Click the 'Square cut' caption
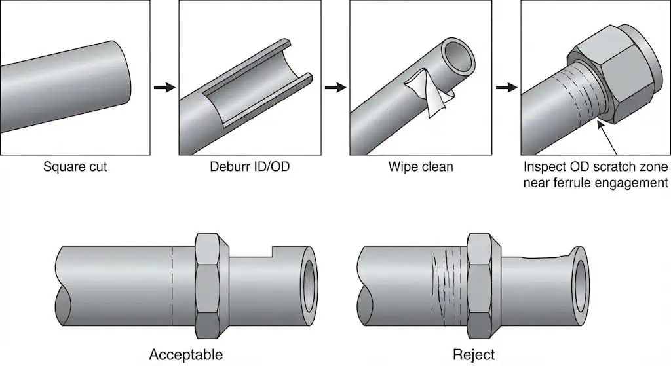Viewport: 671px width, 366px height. pyautogui.click(x=75, y=167)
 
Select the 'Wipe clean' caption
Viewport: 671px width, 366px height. pyautogui.click(x=421, y=167)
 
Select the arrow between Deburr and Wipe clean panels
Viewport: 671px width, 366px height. pyautogui.click(x=335, y=86)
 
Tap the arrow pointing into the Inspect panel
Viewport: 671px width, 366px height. pyautogui.click(x=506, y=86)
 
